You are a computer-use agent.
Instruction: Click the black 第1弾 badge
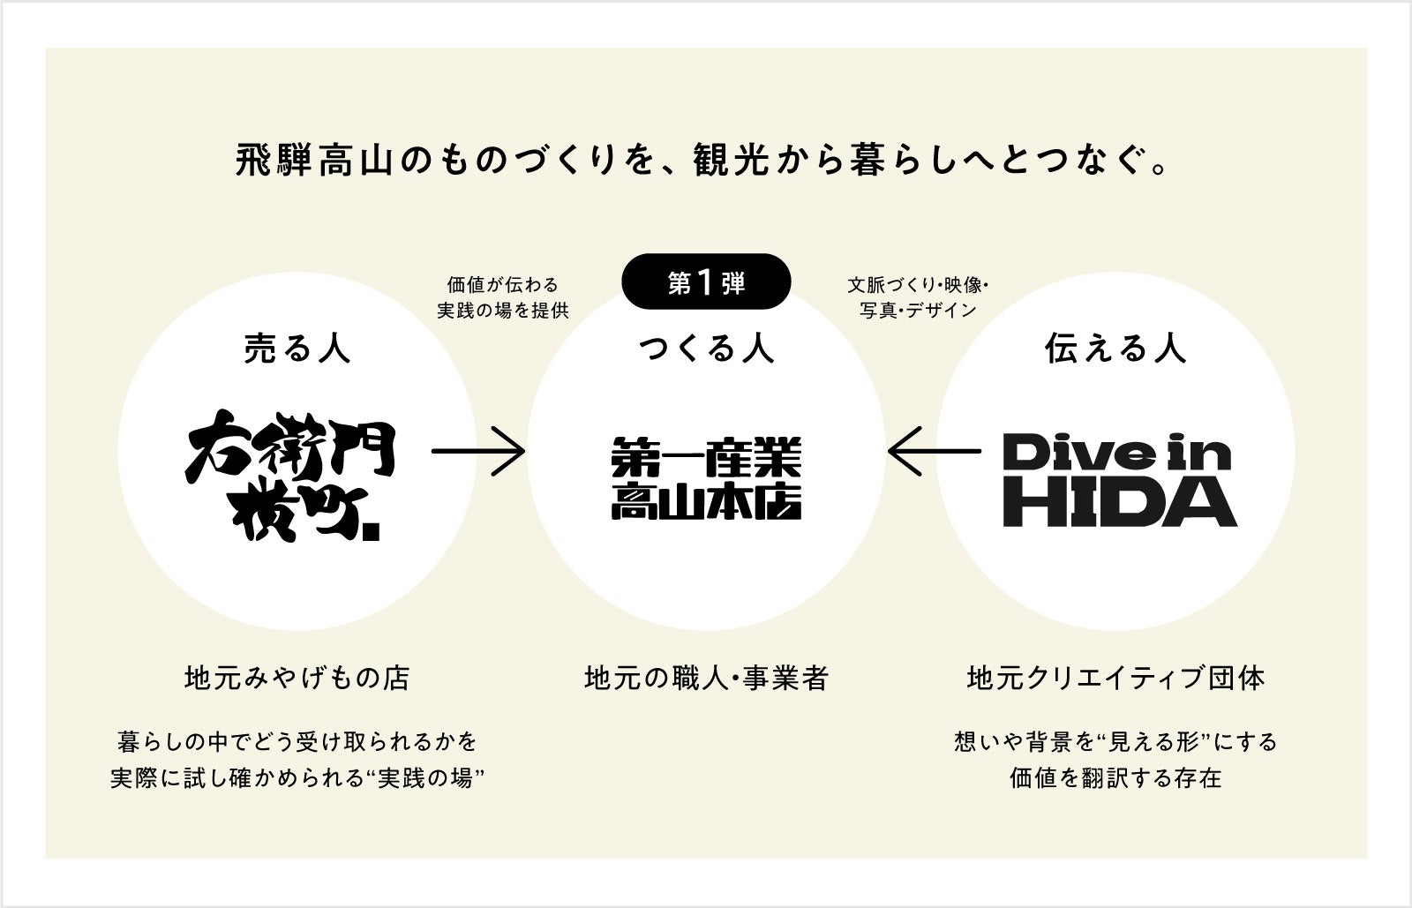pos(705,282)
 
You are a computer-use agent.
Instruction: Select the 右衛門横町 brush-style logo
pos(292,475)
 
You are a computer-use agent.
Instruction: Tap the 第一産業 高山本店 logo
pos(706,479)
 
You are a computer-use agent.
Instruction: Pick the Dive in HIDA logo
pos(1118,479)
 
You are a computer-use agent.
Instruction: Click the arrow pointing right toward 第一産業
pos(477,452)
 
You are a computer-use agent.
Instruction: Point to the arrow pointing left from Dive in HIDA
pos(934,452)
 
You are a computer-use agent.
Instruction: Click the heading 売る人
pos(297,349)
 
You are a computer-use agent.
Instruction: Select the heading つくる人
pos(706,349)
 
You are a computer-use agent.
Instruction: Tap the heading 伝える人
pos(1115,349)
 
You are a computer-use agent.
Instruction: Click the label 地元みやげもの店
pos(297,678)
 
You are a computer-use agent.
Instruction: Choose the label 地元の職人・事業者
pos(706,678)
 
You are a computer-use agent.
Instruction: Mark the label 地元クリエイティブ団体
pos(1115,678)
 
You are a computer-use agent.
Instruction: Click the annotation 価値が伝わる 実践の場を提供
pos(503,297)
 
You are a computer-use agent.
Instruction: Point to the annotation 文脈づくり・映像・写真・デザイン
pos(919,297)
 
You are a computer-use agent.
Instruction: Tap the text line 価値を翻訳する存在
pos(1115,778)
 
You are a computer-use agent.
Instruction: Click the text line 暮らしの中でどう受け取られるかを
pos(297,740)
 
